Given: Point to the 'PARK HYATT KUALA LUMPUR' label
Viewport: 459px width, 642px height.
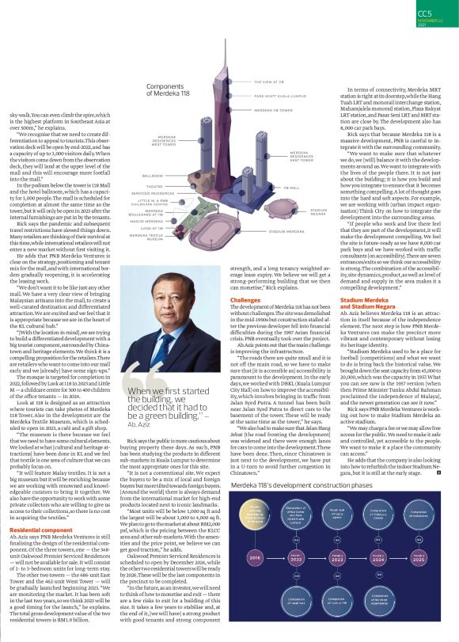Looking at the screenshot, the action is (x=279, y=95).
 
